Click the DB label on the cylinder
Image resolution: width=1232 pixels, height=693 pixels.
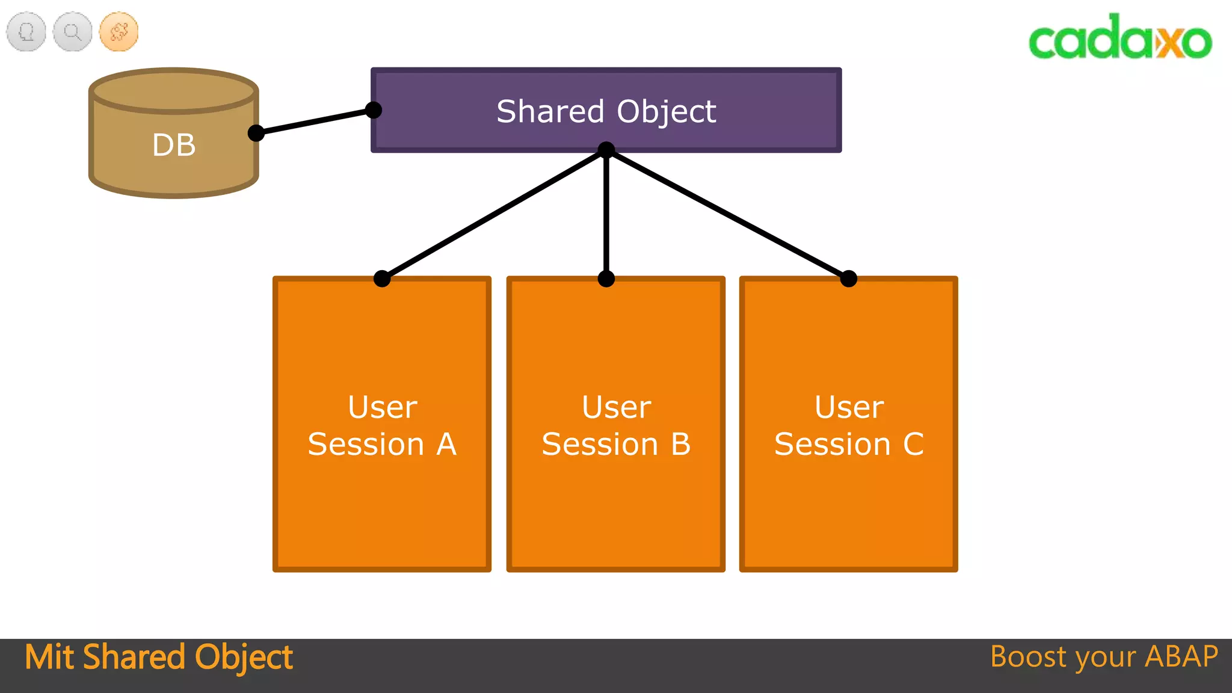(x=174, y=145)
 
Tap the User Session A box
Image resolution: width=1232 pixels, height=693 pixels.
(x=381, y=425)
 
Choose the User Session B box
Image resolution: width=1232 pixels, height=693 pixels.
(x=615, y=425)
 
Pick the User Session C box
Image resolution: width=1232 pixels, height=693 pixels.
(x=848, y=425)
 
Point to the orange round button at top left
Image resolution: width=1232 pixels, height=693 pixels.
(x=119, y=31)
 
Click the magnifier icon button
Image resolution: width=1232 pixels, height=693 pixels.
(x=73, y=31)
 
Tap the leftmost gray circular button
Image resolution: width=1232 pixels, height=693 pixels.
(x=26, y=31)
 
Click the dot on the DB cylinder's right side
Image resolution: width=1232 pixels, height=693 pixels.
(x=256, y=133)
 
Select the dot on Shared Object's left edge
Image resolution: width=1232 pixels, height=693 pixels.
(x=374, y=110)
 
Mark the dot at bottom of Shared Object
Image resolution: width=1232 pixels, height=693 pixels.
(x=606, y=150)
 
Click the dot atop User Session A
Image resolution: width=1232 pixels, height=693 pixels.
(x=382, y=279)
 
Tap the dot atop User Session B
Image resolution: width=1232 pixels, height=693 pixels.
(x=606, y=279)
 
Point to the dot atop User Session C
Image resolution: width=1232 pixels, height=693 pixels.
(x=848, y=279)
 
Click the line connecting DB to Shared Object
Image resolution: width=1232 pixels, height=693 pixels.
(x=315, y=122)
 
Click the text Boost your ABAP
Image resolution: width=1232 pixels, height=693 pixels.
(x=1104, y=657)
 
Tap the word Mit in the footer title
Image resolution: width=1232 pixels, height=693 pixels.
(x=49, y=657)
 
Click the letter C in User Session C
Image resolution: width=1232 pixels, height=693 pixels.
(x=913, y=445)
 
